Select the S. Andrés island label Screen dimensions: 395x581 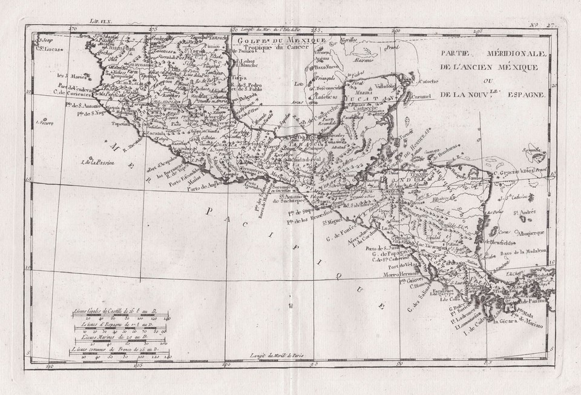pos(525,212)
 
